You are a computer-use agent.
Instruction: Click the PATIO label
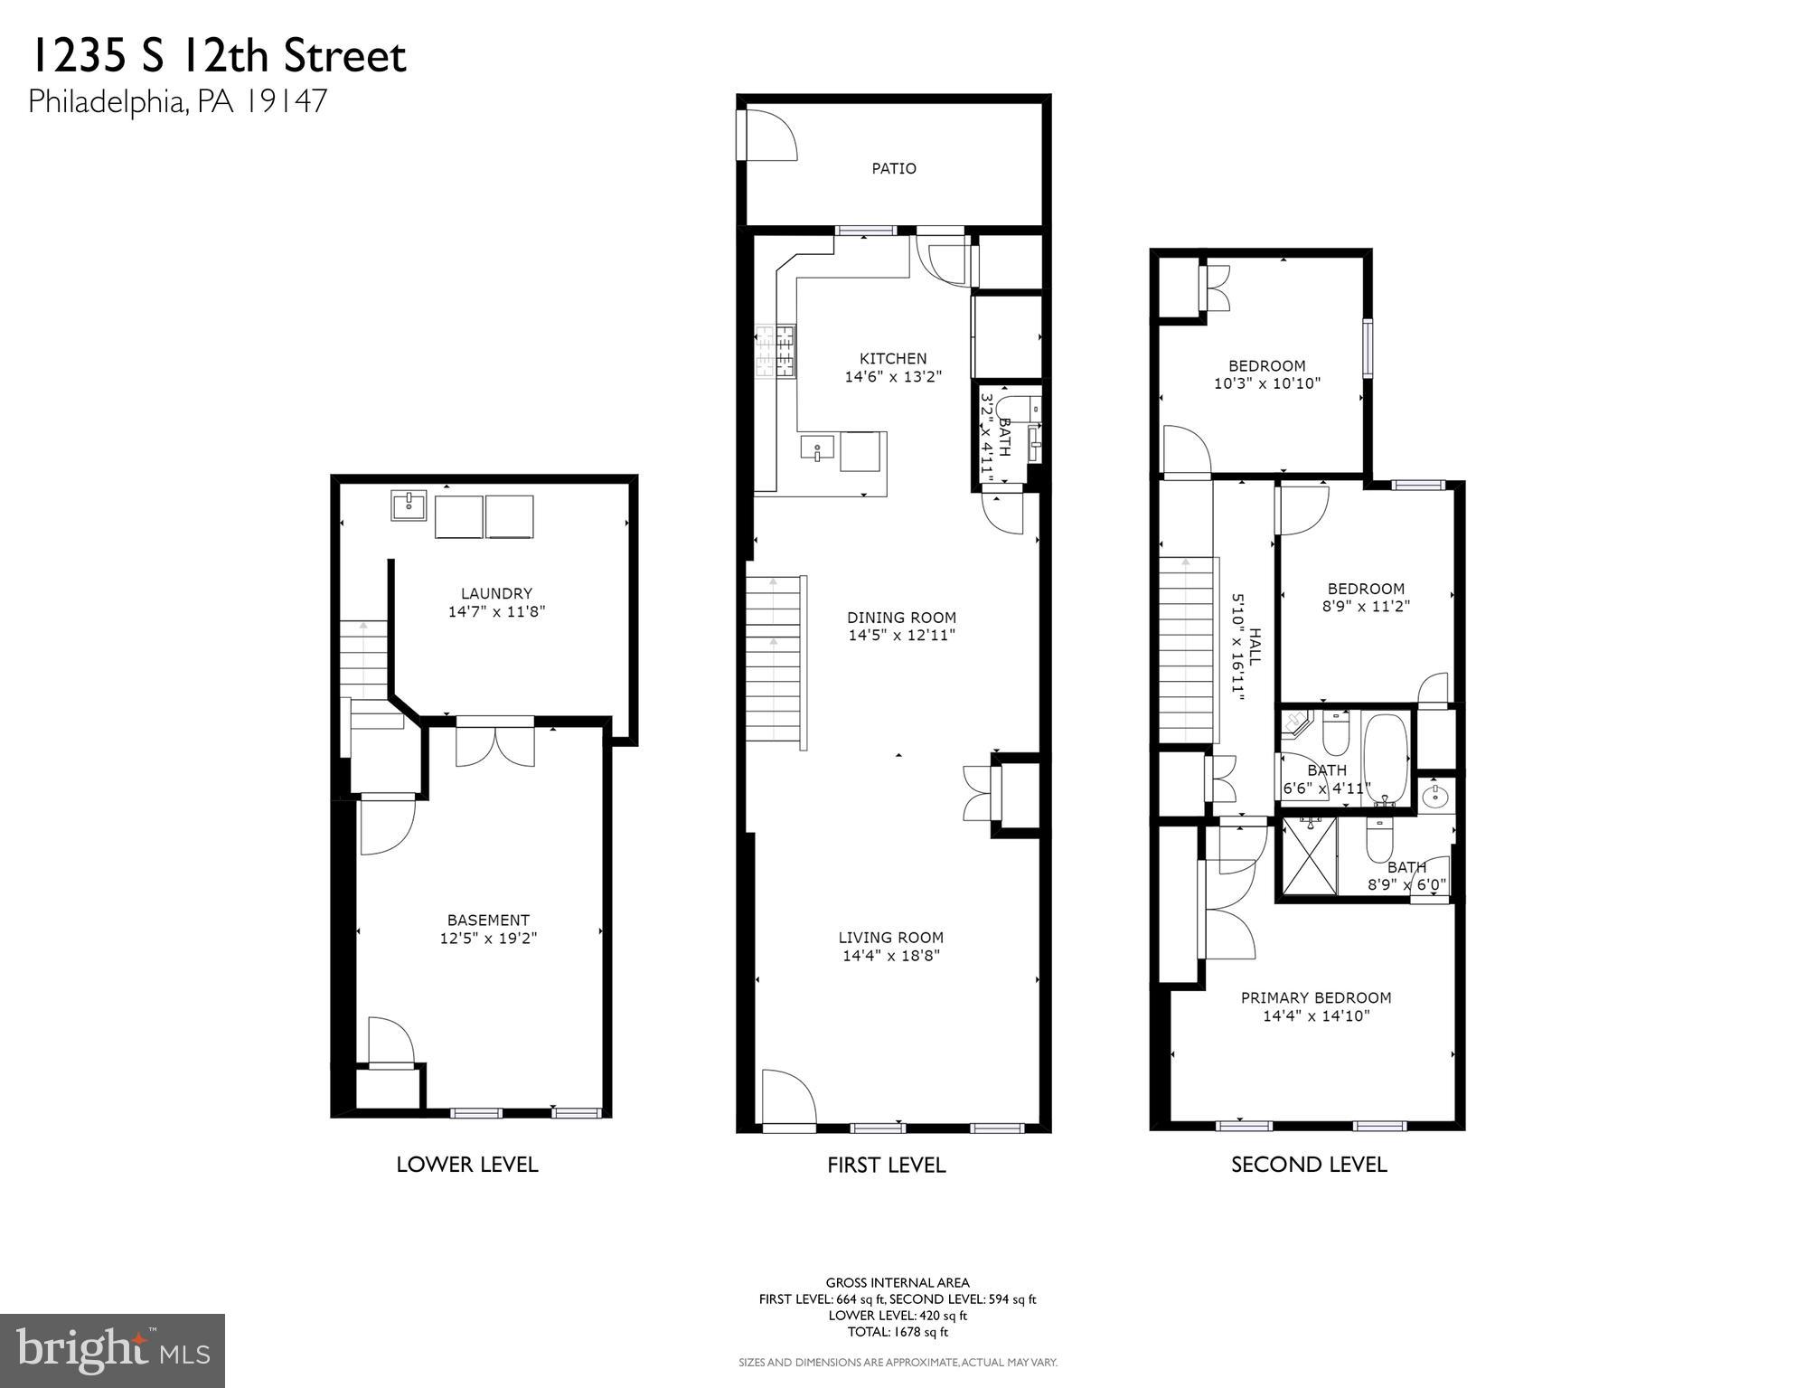pyautogui.click(x=893, y=168)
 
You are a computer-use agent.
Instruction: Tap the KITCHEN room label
pyautogui.click(x=893, y=359)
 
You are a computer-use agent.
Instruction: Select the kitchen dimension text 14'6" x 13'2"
pyautogui.click(x=893, y=377)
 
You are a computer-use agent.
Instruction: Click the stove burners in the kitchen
pyautogui.click(x=776, y=351)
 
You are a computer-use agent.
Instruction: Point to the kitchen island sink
pyautogui.click(x=817, y=449)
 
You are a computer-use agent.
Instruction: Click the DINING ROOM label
pyautogui.click(x=901, y=618)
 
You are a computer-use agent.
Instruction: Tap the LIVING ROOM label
pyautogui.click(x=890, y=938)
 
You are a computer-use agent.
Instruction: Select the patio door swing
pyautogui.click(x=768, y=136)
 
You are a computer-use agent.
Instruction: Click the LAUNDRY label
pyautogui.click(x=496, y=594)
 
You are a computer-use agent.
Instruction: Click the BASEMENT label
pyautogui.click(x=488, y=921)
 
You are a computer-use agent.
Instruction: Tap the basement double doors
pyautogui.click(x=494, y=744)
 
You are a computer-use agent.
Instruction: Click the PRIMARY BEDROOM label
pyautogui.click(x=1315, y=998)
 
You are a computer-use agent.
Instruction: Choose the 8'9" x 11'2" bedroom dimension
pyautogui.click(x=1366, y=607)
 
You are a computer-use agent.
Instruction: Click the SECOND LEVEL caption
pyautogui.click(x=1309, y=1165)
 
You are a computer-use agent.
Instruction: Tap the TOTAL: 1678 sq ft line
pyautogui.click(x=898, y=1332)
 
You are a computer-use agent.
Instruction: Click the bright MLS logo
pyautogui.click(x=112, y=1351)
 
